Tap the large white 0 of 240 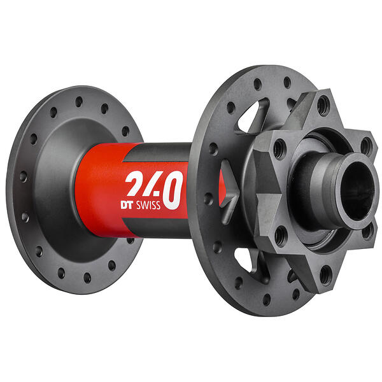click(173, 190)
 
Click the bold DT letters click(127, 205)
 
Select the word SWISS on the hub click(148, 205)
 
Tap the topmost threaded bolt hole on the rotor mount click(324, 106)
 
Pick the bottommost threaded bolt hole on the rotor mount click(326, 275)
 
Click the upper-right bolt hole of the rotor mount click(366, 146)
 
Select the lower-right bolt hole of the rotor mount click(367, 231)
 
